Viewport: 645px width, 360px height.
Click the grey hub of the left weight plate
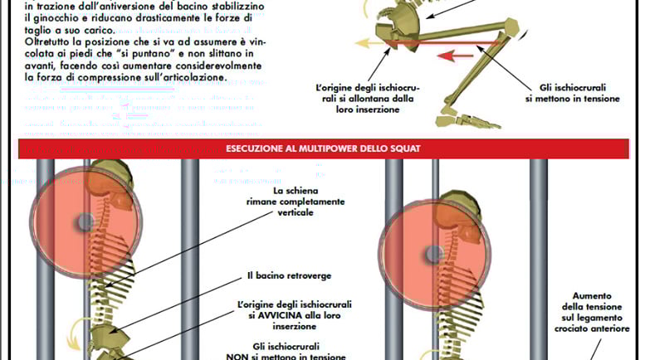[x=85, y=222]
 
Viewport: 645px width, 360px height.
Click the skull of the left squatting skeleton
[x=116, y=178]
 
